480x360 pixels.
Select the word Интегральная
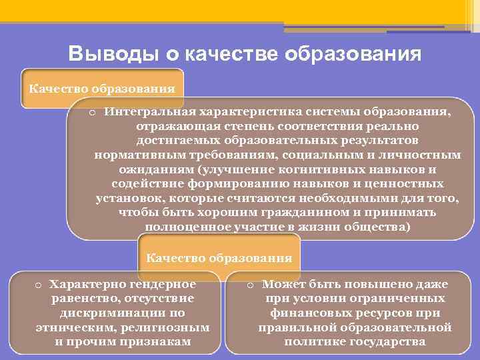[148, 112]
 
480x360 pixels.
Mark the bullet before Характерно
[39, 285]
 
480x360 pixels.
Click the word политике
[317, 342]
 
